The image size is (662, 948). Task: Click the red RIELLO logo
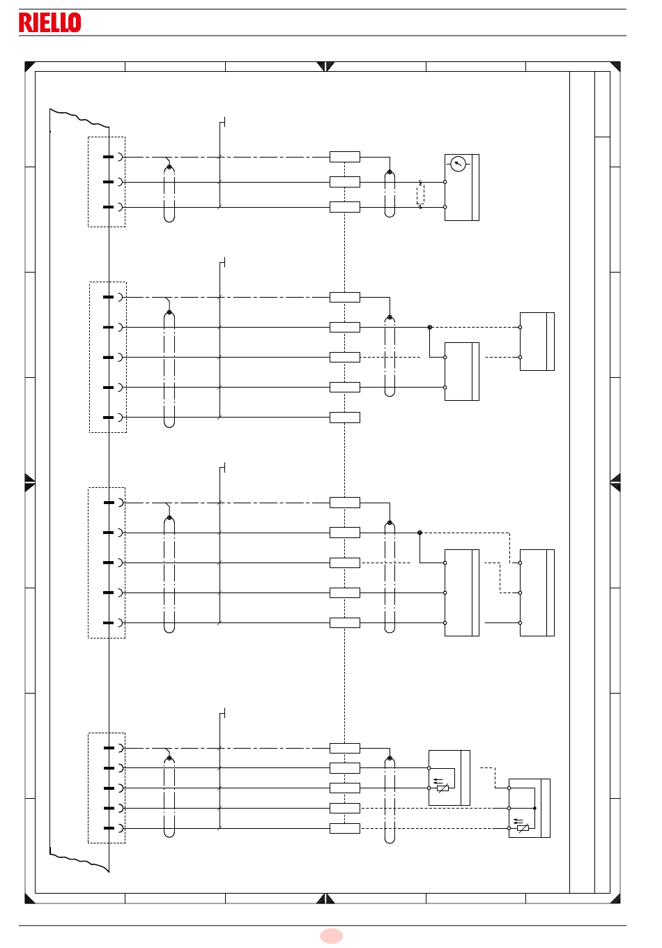tap(50, 22)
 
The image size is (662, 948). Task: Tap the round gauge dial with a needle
tap(458, 164)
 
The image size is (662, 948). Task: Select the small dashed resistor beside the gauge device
tap(420, 194)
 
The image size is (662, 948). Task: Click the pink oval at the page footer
tap(331, 936)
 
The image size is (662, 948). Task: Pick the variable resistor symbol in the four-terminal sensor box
tap(523, 828)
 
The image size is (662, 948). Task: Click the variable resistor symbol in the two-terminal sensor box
tap(443, 788)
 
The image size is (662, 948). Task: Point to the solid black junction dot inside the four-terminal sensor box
tap(534, 808)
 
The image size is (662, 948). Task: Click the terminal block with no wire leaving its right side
tap(345, 418)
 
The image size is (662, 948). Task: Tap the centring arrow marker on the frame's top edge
tap(325, 66)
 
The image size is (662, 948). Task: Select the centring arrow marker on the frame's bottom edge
tap(325, 898)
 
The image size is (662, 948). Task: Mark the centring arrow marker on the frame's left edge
tap(29, 482)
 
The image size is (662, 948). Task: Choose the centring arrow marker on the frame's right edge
tap(615, 482)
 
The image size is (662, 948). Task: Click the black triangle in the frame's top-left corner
tap(29, 66)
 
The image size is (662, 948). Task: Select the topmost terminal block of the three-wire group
tap(345, 157)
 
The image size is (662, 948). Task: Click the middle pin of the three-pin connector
tap(108, 182)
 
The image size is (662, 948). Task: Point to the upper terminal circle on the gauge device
tap(445, 182)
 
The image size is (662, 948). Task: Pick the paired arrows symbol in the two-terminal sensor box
tap(438, 781)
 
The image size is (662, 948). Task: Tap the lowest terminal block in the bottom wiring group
tap(345, 828)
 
